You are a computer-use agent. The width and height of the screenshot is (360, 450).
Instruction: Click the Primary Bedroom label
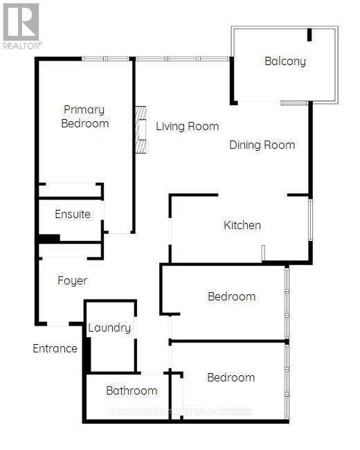tap(84, 116)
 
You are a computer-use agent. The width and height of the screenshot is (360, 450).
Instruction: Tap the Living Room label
tap(187, 127)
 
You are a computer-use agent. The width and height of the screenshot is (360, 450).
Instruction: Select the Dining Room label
tap(262, 145)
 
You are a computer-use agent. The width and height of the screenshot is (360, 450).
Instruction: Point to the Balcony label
tap(285, 61)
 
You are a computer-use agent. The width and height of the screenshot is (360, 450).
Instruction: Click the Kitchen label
tap(242, 225)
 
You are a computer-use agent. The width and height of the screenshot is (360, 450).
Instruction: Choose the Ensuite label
tap(73, 214)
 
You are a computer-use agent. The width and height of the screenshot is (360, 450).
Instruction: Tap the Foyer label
tap(72, 280)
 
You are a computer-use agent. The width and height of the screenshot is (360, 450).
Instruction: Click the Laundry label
tap(109, 327)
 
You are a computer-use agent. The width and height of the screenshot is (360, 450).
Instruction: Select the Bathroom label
tap(132, 390)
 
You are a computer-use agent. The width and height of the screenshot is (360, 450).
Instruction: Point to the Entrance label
tap(55, 348)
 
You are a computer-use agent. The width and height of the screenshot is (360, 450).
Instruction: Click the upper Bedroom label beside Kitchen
tap(231, 296)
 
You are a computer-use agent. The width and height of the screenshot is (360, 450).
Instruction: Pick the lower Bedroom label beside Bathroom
tap(231, 377)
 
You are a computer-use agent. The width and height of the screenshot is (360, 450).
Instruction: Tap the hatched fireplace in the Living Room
tap(141, 129)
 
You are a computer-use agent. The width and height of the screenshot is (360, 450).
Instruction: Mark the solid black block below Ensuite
tap(48, 239)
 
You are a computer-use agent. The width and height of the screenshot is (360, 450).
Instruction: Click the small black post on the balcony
tap(310, 35)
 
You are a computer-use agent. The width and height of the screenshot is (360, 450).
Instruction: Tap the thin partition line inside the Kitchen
tap(262, 253)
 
